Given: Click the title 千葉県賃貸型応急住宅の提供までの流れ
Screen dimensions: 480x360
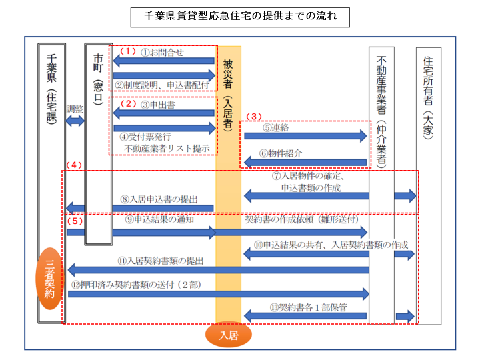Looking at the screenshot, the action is coord(240,16).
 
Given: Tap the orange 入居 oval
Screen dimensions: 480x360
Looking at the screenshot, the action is coord(229,335).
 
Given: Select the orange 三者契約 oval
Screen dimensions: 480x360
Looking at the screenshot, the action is coord(49,279).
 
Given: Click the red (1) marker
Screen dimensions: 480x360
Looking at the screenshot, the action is coord(127,51).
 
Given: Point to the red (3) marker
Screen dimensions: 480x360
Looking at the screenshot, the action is coord(254,117).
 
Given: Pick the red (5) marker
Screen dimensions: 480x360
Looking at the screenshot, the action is coord(75,221).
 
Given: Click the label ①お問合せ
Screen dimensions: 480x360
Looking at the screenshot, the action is coord(162,53).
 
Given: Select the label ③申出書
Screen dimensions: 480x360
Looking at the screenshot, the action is coord(158,105).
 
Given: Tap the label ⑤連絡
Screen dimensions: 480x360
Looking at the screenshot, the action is coord(275,127).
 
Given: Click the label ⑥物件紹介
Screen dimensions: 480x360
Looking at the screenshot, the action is coord(281,153).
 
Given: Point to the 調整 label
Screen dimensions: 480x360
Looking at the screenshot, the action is coord(75,109).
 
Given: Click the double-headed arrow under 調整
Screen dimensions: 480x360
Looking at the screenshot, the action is coord(75,121).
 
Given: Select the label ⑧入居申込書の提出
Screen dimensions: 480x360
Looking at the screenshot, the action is coord(159,199).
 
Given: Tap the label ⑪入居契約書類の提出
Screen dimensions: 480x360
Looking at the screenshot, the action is coord(161,261).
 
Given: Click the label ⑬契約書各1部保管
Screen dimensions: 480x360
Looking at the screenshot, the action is coord(308,307).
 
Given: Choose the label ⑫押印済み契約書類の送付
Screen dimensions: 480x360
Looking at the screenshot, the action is coord(136,285).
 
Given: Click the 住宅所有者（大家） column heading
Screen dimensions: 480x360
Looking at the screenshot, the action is coord(428,97).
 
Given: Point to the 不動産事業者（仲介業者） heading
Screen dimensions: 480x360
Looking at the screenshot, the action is coord(381,112).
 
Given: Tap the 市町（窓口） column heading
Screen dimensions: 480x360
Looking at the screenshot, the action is coord(98,79).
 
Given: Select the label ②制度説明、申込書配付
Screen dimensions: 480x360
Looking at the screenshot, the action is coord(162,85).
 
